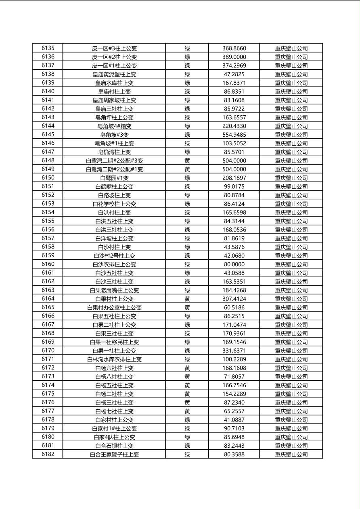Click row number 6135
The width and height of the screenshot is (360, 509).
click(x=48, y=48)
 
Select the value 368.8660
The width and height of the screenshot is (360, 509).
click(x=234, y=48)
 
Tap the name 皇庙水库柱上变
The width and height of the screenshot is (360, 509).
click(x=114, y=83)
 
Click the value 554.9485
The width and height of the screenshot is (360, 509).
click(x=234, y=135)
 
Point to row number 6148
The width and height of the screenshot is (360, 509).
click(x=48, y=161)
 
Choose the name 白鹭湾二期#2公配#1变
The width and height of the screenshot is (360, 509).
click(x=114, y=169)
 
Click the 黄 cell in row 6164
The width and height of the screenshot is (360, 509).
click(x=187, y=299)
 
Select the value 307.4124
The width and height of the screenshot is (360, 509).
click(x=234, y=299)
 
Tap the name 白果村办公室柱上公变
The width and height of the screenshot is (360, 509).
click(x=114, y=308)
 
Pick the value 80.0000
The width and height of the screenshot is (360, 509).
click(x=234, y=265)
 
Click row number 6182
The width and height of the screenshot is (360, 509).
click(x=48, y=455)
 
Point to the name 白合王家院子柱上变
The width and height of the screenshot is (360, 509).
click(x=114, y=455)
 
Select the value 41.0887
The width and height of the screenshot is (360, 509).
click(x=234, y=420)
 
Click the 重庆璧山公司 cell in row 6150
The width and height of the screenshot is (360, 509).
click(x=291, y=178)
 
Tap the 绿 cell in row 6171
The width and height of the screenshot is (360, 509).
click(x=187, y=359)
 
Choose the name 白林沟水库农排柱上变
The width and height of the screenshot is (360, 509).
click(x=114, y=359)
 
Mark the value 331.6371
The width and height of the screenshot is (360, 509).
click(x=234, y=351)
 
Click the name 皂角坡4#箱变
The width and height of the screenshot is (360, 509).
click(x=114, y=126)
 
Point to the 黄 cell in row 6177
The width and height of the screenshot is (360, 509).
click(x=187, y=411)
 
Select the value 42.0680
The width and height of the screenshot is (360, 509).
click(x=234, y=256)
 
